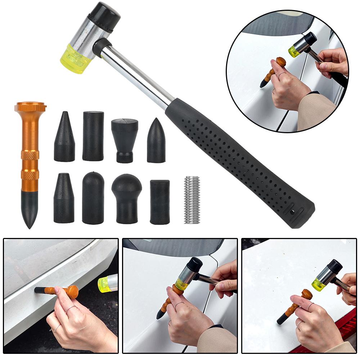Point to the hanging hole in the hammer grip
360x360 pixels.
click(292, 212)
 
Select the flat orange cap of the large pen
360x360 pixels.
click(30, 107)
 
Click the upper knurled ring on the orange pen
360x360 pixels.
click(30, 155)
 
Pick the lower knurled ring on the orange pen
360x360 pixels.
click(30, 175)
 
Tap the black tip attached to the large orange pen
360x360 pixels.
click(30, 207)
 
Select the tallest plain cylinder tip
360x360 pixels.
click(93, 136)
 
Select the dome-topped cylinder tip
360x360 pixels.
click(93, 198)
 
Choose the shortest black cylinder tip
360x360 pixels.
click(159, 202)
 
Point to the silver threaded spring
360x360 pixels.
click(192, 200)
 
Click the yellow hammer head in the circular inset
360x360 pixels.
click(294, 52)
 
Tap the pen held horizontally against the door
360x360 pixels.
click(58, 291)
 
